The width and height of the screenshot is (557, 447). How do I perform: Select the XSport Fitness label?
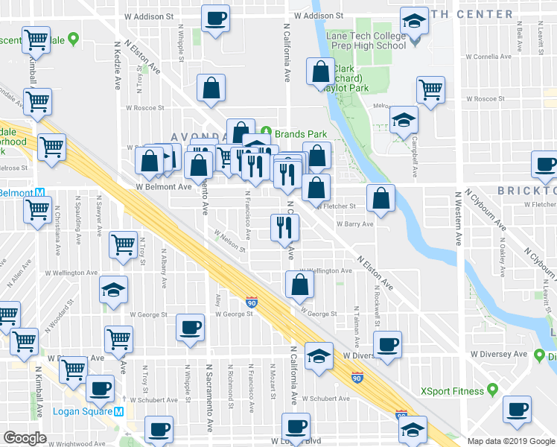click(x=457, y=390)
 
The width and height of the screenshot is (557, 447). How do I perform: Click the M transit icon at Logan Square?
click(x=118, y=412)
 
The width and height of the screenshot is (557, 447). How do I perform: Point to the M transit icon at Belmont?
click(x=39, y=193)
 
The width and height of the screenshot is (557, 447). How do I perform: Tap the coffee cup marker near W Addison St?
click(x=216, y=18)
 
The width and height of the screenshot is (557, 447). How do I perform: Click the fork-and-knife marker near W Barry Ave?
click(x=283, y=226)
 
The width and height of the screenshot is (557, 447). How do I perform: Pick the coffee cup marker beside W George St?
click(x=190, y=327)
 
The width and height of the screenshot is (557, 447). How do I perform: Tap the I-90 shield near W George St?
click(x=252, y=302)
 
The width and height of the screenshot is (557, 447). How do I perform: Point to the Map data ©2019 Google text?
click(x=511, y=441)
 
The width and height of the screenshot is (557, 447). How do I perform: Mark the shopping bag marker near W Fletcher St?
click(x=381, y=198)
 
